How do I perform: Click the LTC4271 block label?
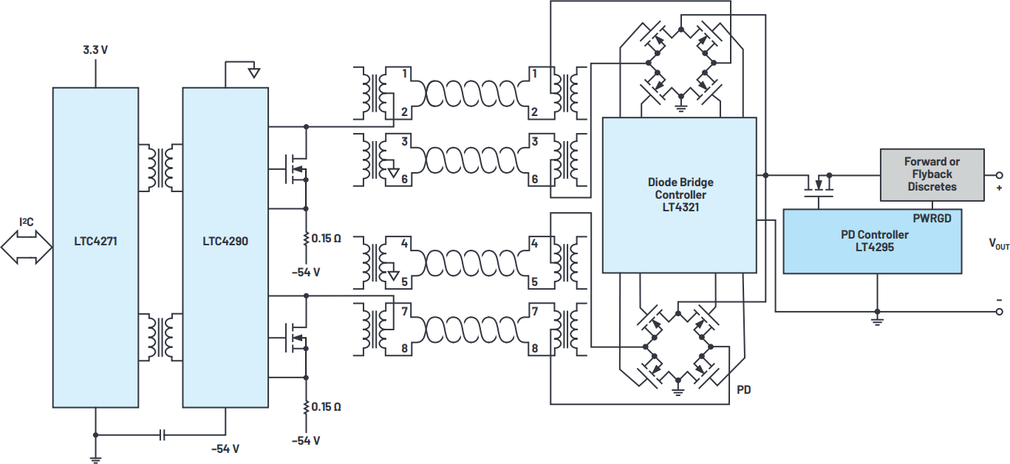coord(95,241)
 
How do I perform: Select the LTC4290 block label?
coord(225,241)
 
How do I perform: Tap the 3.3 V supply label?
coord(95,51)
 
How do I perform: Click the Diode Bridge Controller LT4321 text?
coord(680,194)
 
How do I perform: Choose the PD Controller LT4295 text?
coord(874,241)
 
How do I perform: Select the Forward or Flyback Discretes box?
coord(932,174)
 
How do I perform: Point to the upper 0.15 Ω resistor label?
coord(326,239)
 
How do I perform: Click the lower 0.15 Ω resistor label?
coord(326,406)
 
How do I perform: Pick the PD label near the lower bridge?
coord(744,389)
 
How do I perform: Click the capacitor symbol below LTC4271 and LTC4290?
coord(163,435)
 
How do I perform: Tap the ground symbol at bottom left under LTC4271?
coord(95,459)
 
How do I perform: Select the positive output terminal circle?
coord(1000,175)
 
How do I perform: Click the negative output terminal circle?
coord(1000,312)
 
